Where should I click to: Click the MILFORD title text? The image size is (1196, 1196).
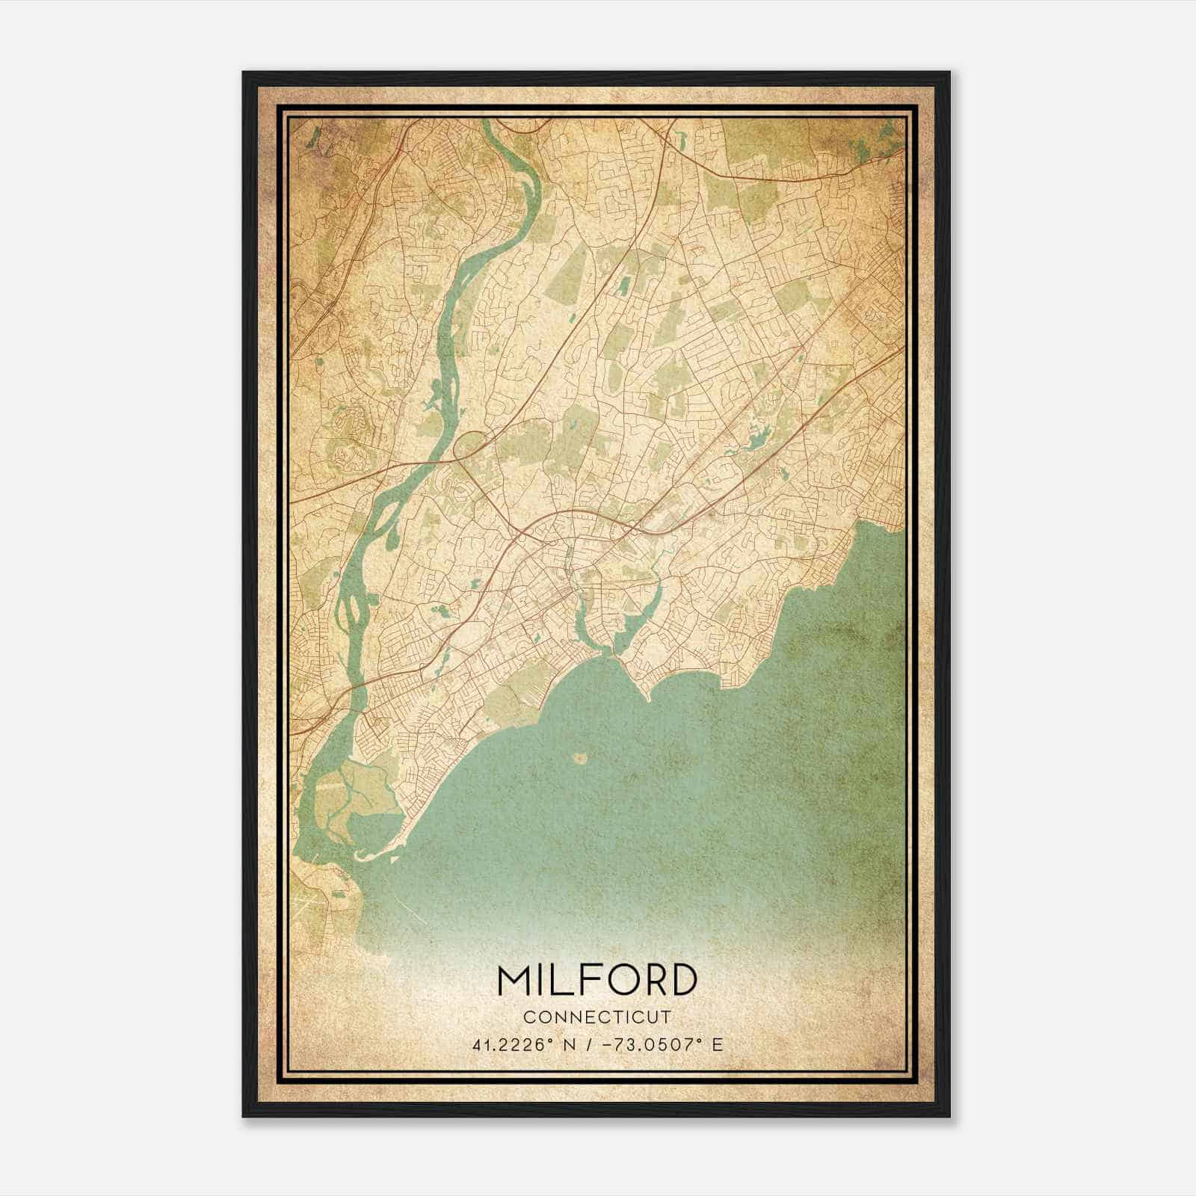[597, 981]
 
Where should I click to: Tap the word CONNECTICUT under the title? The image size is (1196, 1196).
[597, 1017]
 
